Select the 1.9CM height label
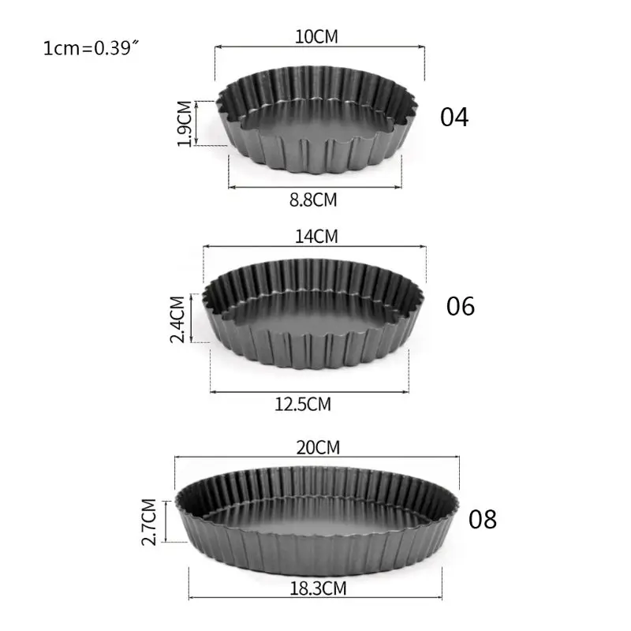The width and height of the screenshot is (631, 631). (183, 123)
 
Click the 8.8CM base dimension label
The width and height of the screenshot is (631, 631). (313, 200)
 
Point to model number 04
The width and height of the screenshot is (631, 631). (454, 117)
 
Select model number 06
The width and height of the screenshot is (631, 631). (461, 305)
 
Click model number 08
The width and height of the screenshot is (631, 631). (483, 520)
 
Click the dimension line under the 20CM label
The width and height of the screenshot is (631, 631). (315, 457)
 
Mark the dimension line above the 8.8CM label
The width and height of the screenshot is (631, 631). (314, 187)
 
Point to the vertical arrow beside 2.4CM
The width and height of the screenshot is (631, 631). (193, 319)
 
